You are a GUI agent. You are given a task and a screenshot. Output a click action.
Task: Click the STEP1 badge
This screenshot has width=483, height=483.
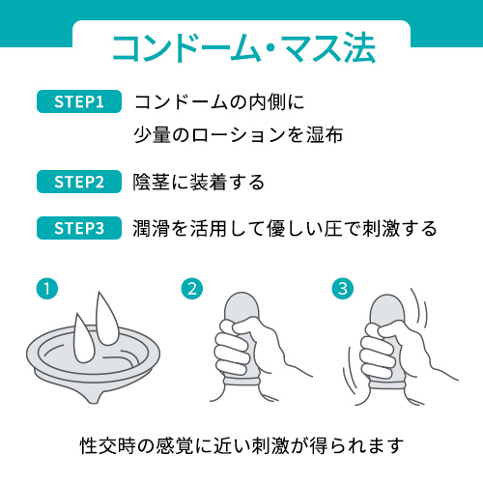[x=79, y=101]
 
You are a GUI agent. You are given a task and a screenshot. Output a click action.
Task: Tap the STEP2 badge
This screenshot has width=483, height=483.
[x=79, y=182]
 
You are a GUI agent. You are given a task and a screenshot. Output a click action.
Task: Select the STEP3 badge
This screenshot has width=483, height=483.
[x=79, y=228]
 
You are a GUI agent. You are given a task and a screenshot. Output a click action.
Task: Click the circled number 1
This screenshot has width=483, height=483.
[x=47, y=289]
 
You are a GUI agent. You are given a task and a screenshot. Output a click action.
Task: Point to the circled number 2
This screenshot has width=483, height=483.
[x=192, y=289]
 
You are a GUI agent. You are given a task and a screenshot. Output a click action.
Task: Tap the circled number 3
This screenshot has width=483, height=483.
[x=343, y=289]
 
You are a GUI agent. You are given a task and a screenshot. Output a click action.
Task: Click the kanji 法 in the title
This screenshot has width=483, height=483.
[x=359, y=48]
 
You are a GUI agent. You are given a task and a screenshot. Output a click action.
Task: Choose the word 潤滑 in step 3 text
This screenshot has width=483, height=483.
[x=151, y=228]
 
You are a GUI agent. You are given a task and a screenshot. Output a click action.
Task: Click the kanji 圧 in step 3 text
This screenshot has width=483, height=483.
[x=333, y=228]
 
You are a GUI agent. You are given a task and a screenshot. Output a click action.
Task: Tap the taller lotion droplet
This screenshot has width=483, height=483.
[x=108, y=319]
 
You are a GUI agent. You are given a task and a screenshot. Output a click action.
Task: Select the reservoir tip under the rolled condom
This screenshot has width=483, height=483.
[x=94, y=397]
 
